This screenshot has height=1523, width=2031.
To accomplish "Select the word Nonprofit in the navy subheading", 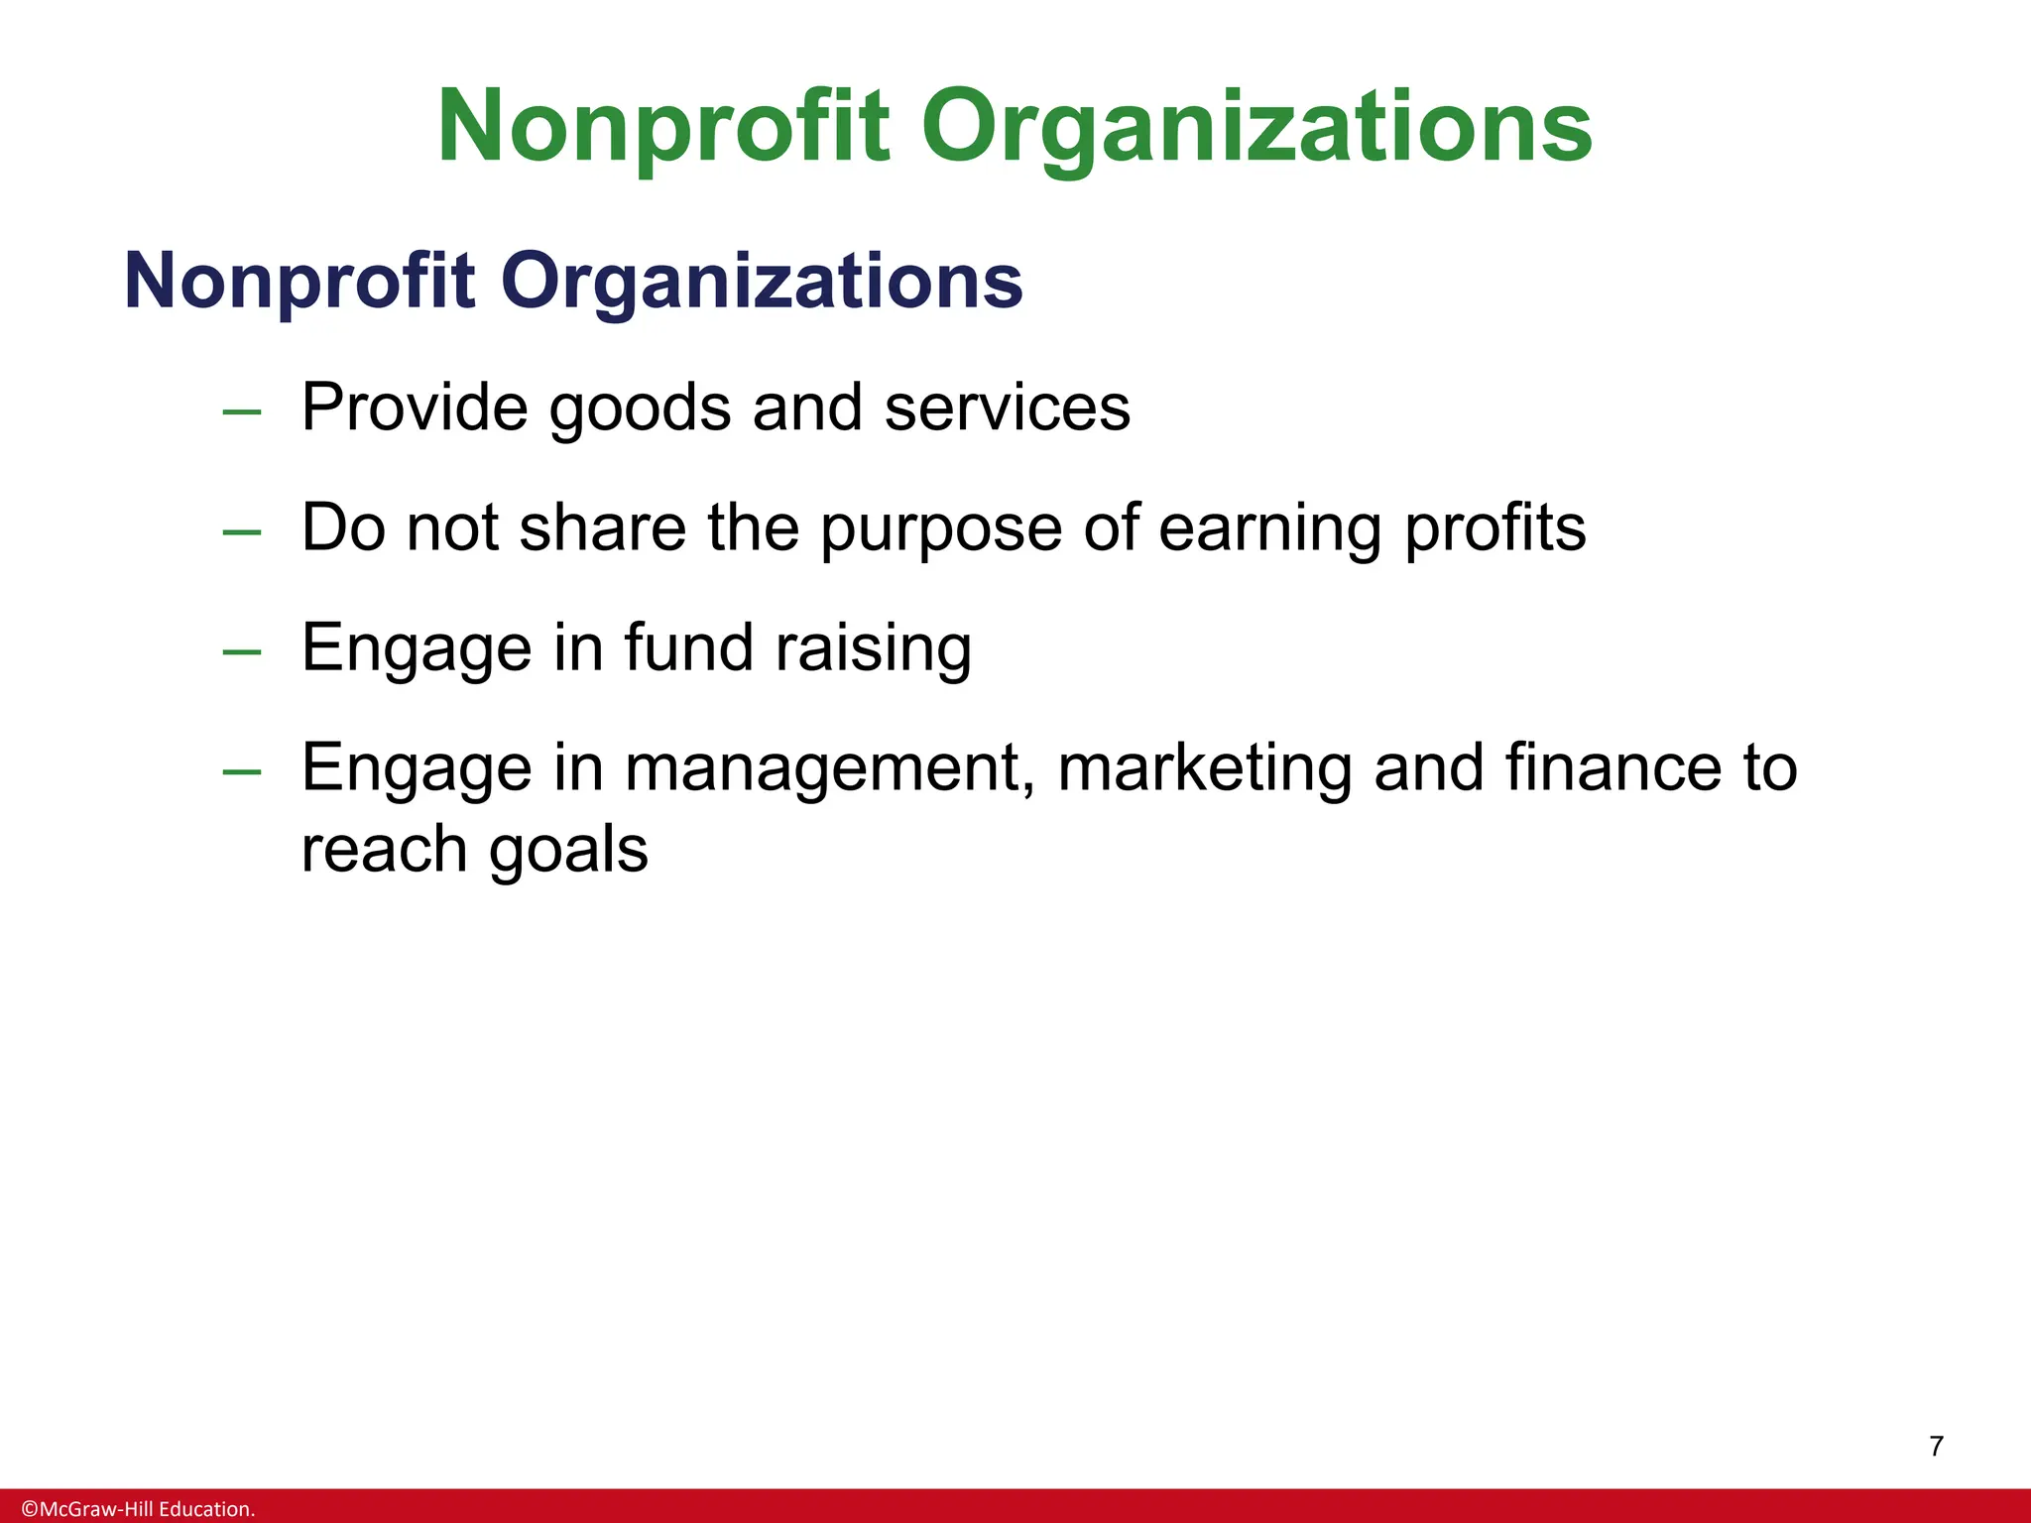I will pyautogui.click(x=299, y=282).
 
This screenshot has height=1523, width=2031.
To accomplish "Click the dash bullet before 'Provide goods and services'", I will pyautogui.click(x=242, y=411).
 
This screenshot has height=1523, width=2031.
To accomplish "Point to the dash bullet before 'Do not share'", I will pyautogui.click(x=242, y=532).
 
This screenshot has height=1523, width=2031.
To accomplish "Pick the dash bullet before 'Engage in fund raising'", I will pyautogui.click(x=242, y=652).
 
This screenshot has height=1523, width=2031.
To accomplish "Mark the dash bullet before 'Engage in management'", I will pyautogui.click(x=242, y=772).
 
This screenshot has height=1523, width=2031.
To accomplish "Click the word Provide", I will pyautogui.click(x=415, y=408).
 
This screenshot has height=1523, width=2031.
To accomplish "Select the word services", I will pyautogui.click(x=1007, y=408).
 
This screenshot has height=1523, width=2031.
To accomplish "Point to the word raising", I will pyautogui.click(x=873, y=649).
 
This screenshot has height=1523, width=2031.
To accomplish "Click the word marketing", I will pyautogui.click(x=1205, y=769).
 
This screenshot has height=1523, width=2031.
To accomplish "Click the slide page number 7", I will pyautogui.click(x=1936, y=1447).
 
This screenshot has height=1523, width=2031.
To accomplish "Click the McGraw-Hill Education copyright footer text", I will pyautogui.click(x=139, y=1509).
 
